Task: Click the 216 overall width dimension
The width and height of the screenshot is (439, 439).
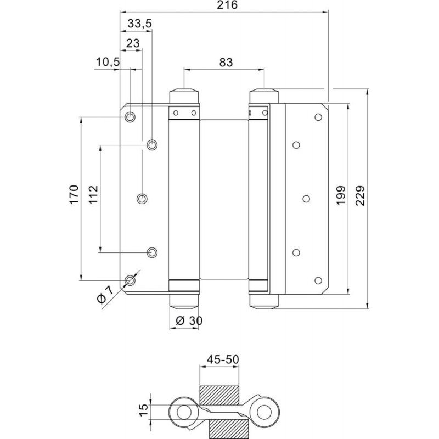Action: click(x=227, y=5)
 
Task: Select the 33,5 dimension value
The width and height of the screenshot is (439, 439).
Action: click(x=140, y=24)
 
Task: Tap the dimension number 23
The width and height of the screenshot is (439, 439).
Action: click(x=133, y=43)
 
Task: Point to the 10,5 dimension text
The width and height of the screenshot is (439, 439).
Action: click(x=108, y=62)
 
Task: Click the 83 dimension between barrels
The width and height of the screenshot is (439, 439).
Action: click(x=226, y=63)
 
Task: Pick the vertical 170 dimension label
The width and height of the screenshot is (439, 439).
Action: click(x=74, y=195)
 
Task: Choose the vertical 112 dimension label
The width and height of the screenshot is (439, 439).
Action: click(x=93, y=195)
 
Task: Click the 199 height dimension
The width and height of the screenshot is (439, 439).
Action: click(x=341, y=195)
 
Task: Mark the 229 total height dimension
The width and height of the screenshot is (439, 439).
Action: click(x=361, y=195)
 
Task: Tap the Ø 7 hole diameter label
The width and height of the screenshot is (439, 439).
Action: click(x=105, y=295)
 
